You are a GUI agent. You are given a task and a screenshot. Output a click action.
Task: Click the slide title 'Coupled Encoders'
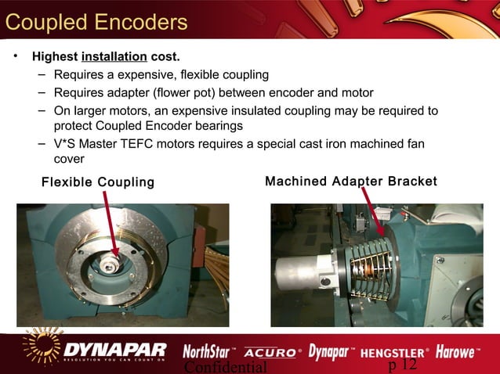tap(96, 22)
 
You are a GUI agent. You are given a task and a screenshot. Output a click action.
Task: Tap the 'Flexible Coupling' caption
tap(98, 182)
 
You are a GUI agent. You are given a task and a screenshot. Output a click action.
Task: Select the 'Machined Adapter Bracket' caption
tap(351, 182)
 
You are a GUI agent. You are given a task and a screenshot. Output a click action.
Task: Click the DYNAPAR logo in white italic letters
tap(116, 349)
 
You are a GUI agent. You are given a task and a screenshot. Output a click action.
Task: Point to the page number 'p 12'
tap(403, 366)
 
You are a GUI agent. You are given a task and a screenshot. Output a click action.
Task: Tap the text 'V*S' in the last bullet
tap(66, 145)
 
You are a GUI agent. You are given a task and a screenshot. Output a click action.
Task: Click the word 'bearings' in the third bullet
tap(220, 126)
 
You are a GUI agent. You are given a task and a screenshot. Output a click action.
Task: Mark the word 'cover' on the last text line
tap(69, 160)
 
